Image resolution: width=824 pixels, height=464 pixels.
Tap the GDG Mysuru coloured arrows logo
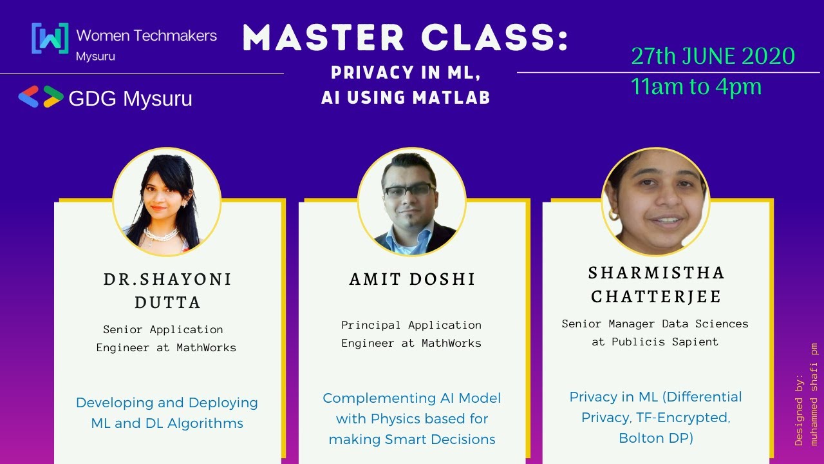[x=40, y=97]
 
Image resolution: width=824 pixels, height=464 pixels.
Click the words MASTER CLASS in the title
[x=406, y=39]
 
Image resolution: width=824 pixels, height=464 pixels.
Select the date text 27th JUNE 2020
[x=713, y=57]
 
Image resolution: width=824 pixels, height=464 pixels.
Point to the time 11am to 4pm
[x=696, y=86]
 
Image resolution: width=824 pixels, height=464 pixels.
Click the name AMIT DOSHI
[x=413, y=279]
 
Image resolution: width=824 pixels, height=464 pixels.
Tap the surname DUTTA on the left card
[x=167, y=302]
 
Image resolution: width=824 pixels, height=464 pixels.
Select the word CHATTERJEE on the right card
[x=656, y=296]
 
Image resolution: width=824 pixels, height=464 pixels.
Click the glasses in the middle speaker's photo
[x=409, y=190]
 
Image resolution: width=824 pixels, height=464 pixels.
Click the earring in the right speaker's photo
[x=613, y=213]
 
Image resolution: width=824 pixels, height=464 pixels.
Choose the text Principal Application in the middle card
[x=411, y=325]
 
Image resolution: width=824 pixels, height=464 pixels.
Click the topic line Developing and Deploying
[x=167, y=403]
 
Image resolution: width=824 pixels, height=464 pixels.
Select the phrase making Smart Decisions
[x=412, y=440]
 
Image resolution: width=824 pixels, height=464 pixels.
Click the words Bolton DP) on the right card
[x=655, y=438]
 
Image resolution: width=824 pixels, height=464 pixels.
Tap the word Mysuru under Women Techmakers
[x=95, y=56]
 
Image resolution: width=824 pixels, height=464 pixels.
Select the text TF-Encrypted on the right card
[x=683, y=418]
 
